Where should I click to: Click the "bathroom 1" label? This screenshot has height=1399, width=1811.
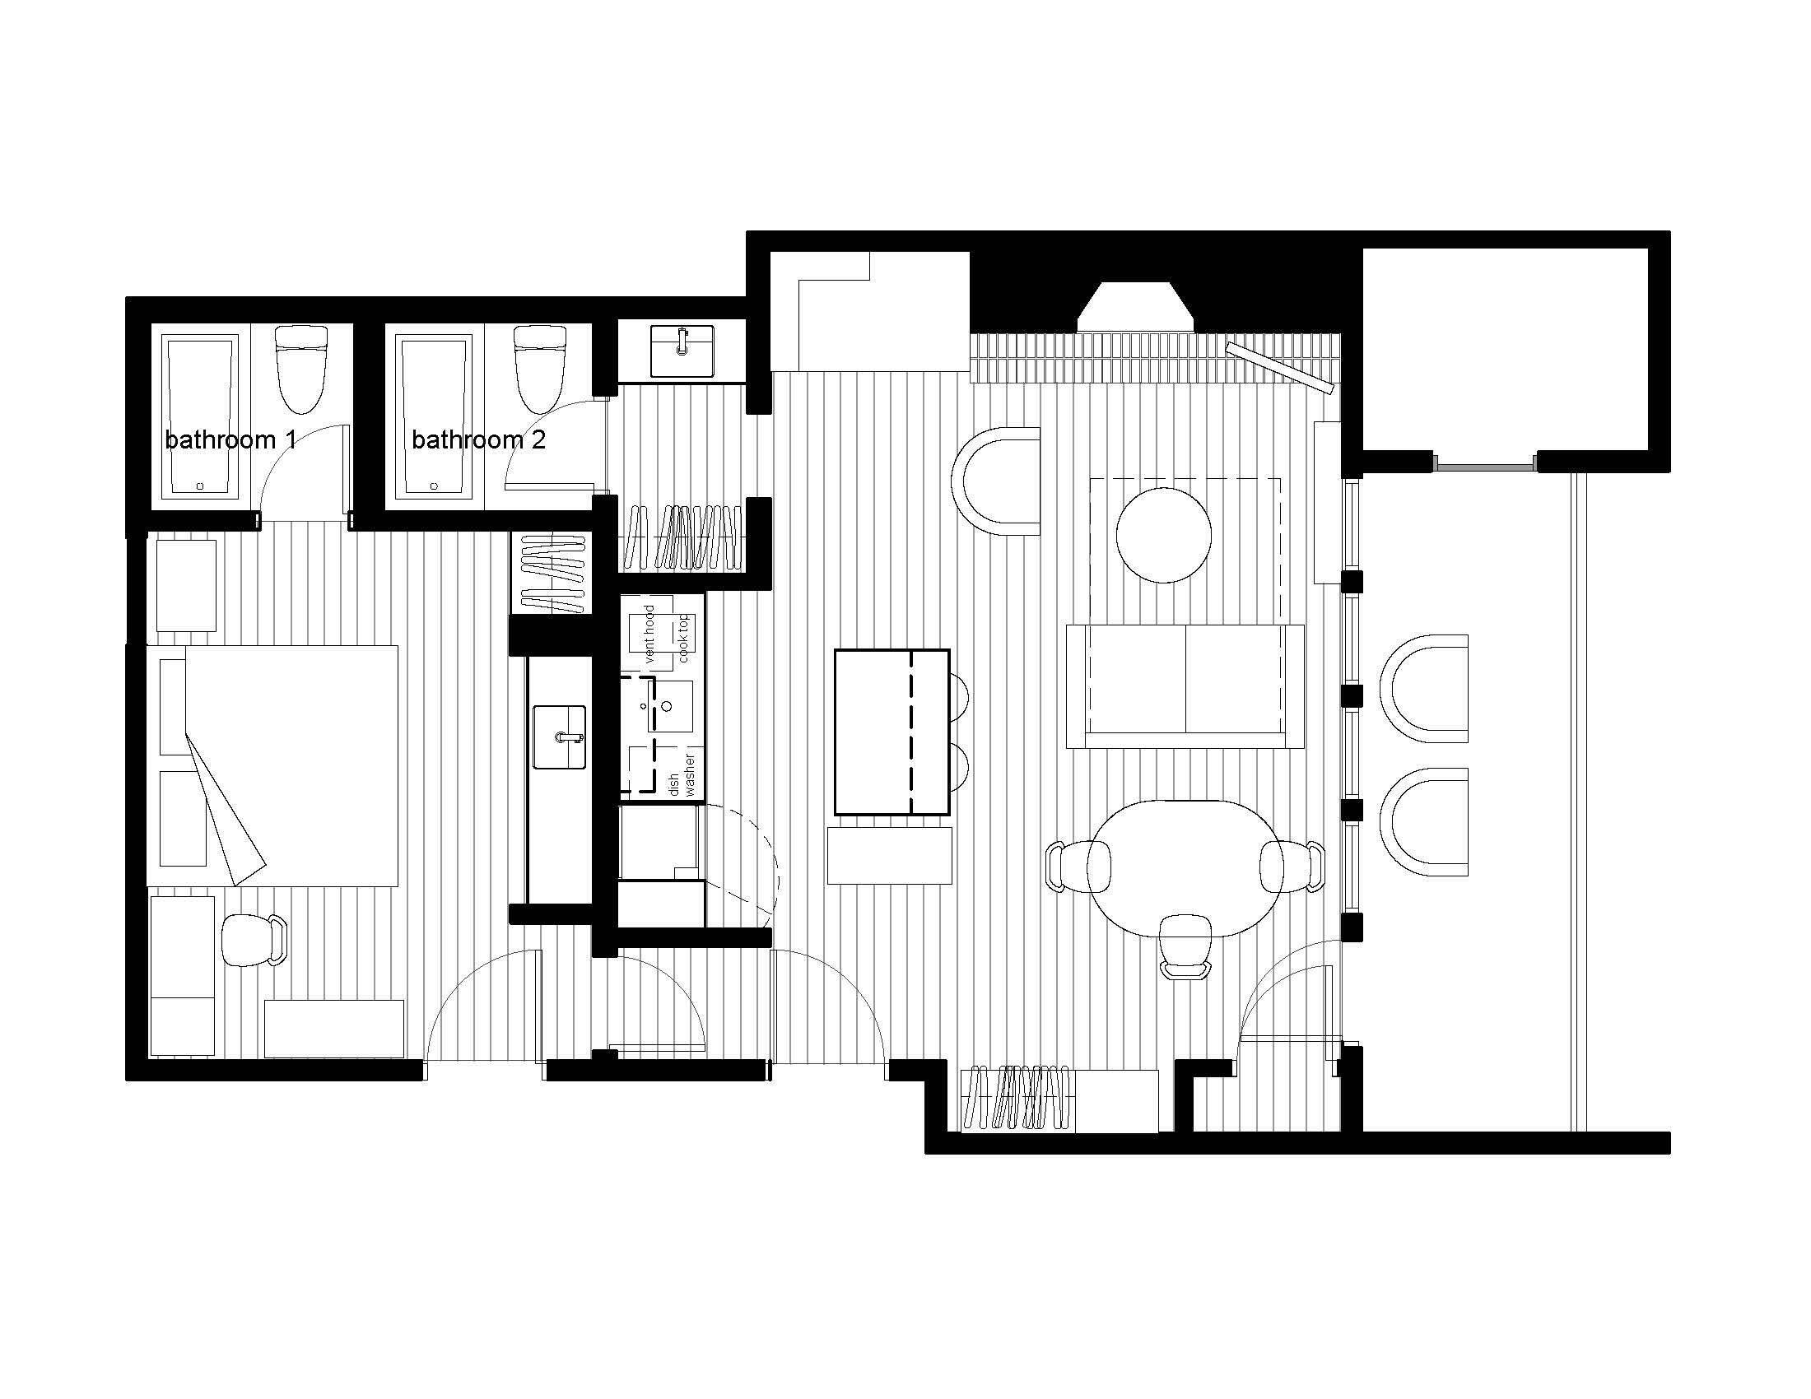click(230, 439)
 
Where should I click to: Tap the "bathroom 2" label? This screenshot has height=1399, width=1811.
click(478, 439)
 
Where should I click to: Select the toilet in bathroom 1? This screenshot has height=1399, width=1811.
click(301, 369)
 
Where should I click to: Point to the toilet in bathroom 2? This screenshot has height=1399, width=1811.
click(541, 369)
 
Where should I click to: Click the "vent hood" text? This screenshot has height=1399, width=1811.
click(649, 634)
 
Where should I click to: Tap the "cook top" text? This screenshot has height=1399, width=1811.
click(683, 638)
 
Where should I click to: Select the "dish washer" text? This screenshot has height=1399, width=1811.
click(682, 776)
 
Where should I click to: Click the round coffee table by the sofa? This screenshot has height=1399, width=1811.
click(1163, 536)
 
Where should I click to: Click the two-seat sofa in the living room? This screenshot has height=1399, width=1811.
click(1184, 686)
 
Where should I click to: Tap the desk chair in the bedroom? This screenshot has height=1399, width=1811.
click(254, 940)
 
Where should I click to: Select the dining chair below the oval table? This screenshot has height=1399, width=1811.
click(1185, 946)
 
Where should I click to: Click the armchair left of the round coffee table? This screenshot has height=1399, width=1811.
click(999, 481)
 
